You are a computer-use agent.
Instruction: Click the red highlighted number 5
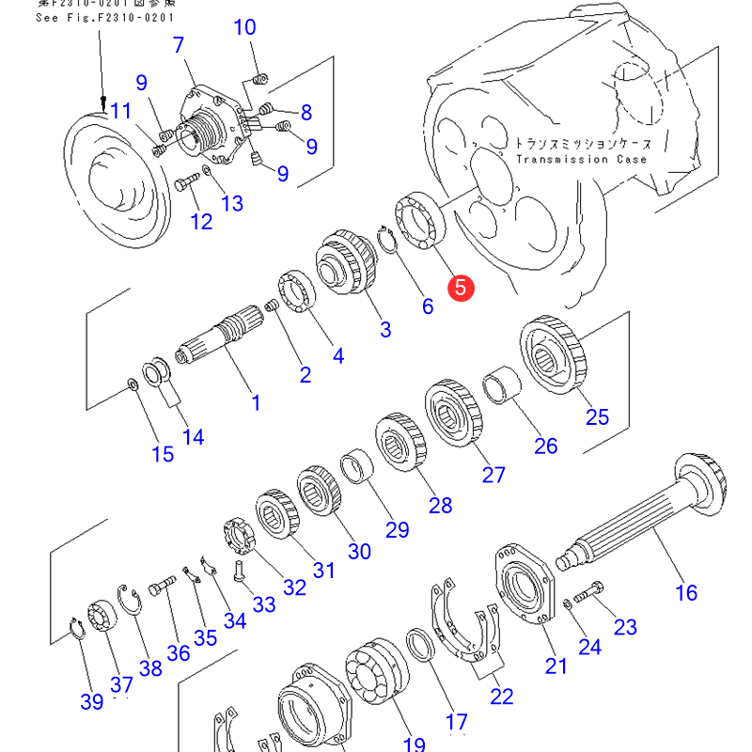click(461, 287)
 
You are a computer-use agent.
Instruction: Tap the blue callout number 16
click(686, 592)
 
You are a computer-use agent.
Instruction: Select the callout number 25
click(597, 416)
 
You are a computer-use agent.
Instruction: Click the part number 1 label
click(255, 403)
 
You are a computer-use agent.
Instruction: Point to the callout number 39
click(91, 702)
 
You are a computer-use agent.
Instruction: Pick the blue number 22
click(501, 697)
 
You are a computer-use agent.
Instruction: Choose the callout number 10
click(244, 27)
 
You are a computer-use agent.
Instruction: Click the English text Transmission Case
click(581, 160)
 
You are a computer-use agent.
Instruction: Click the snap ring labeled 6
click(389, 240)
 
